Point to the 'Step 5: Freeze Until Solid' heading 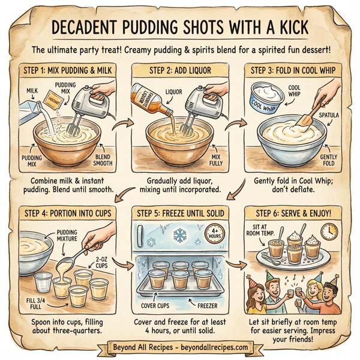coord(180,211)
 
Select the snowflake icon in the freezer coord(179,235)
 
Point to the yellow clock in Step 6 coord(329,232)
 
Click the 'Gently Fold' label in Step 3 coord(334,158)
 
